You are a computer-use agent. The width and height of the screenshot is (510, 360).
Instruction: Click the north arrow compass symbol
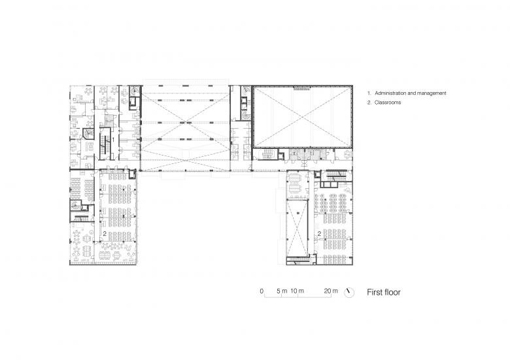[349, 293]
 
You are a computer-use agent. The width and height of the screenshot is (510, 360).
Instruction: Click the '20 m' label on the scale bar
[331, 291]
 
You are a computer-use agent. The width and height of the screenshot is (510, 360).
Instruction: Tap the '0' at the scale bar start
[262, 291]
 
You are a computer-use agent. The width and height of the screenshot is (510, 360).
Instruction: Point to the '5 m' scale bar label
[282, 291]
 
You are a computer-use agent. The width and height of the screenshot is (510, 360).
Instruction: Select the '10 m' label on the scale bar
[297, 291]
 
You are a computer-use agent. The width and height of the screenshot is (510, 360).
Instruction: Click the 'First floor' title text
[383, 293]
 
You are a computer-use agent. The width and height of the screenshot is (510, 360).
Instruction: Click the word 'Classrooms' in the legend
[388, 103]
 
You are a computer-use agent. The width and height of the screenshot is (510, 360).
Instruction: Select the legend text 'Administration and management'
[411, 93]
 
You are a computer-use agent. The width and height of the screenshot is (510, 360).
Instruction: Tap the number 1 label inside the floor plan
[113, 139]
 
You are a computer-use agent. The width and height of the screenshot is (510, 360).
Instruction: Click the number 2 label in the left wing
[105, 234]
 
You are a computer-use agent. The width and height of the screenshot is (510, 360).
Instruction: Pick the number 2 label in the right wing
[319, 234]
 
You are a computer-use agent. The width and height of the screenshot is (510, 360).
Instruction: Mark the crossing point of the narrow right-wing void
[297, 227]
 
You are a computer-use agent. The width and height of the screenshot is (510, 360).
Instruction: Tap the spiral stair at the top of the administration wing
[134, 91]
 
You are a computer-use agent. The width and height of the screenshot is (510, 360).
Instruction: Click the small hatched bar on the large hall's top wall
[302, 88]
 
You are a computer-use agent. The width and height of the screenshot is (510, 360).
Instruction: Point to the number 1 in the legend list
[369, 93]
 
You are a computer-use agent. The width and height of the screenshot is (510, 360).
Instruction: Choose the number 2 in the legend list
[369, 103]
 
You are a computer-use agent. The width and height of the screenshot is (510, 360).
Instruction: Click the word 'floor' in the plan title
[392, 293]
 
